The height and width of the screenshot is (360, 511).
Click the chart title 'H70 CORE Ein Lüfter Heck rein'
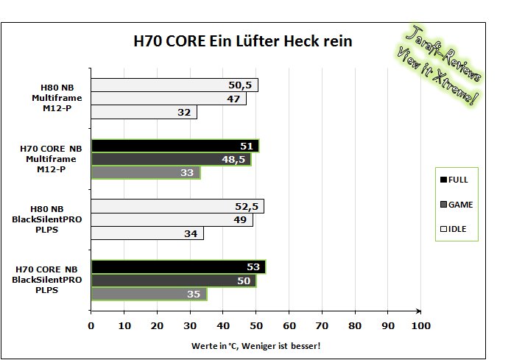tap(243, 41)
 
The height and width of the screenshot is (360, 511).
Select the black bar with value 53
tap(179, 267)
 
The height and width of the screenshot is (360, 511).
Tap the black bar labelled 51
tap(175, 146)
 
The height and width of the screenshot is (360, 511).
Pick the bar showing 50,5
tap(175, 85)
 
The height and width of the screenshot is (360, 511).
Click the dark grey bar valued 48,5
tap(172, 159)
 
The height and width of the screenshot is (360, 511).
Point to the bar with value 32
tap(144, 112)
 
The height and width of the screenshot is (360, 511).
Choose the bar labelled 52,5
tap(177, 206)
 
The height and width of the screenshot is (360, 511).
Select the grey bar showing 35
tap(149, 294)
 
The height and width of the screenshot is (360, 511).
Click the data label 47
tap(233, 99)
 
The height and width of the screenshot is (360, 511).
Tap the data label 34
tap(191, 233)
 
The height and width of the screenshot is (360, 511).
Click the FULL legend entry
tap(454, 180)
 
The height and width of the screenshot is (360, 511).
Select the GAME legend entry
tap(457, 205)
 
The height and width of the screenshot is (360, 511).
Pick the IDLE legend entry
tap(453, 229)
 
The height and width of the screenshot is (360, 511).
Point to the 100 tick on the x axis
tap(420, 326)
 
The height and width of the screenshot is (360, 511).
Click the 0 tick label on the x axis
tap(91, 326)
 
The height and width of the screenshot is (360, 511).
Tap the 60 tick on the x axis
tap(289, 326)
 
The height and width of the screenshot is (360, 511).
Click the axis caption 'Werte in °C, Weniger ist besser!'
tap(255, 346)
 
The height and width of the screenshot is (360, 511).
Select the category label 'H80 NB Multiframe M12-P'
tap(57, 98)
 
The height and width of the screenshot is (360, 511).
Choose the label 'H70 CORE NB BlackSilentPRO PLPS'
tap(46, 280)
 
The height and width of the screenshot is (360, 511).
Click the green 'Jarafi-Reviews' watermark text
tap(443, 53)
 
